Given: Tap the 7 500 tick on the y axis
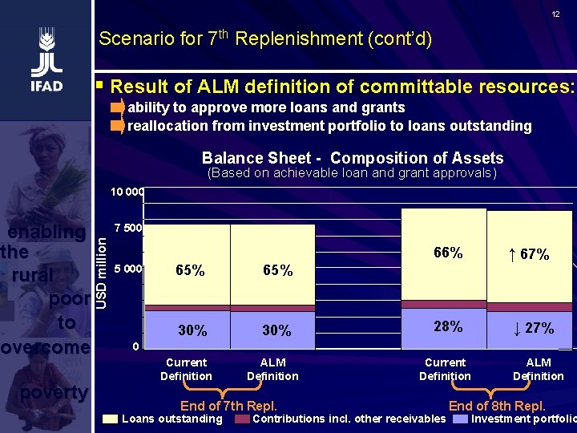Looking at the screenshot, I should pos(127,228).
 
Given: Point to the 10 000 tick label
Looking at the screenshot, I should pos(127,192).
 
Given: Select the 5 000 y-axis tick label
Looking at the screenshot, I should pos(127,269).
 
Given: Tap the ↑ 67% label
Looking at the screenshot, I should pos(529,254).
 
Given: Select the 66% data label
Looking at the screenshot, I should pos(448,253).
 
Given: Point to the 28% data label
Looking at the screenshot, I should pos(448,326).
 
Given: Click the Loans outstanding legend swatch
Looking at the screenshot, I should pos(110,419).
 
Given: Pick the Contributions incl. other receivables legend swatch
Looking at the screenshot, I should pos(241,419).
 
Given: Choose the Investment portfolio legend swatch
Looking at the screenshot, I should pos(460,419).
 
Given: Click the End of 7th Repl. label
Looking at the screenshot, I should pos(228,405).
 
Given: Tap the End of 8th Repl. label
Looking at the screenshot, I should pos(497,405).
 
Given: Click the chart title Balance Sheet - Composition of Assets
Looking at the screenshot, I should pos(353,158).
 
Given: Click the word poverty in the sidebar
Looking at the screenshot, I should pos(54,392).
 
